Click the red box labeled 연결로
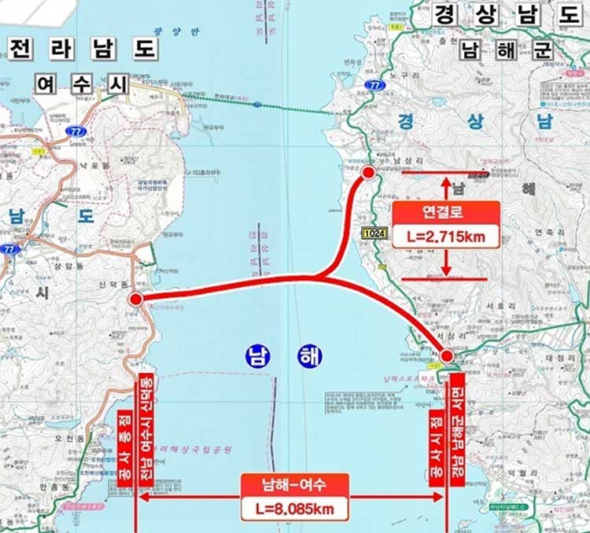tap(446, 212)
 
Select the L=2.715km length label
tap(446, 235)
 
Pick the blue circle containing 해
tap(309, 355)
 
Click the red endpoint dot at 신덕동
tap(136, 299)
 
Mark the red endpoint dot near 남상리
tap(369, 172)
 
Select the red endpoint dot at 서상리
tap(447, 357)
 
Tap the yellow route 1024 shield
tap(374, 233)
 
